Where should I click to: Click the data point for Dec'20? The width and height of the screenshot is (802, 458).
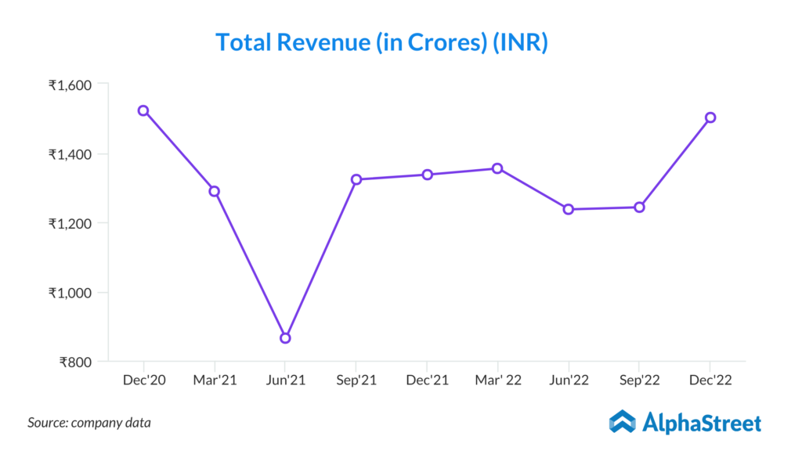(143, 110)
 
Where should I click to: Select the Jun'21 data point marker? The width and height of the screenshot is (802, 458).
(285, 338)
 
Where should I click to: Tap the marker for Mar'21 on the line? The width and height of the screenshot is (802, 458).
(214, 191)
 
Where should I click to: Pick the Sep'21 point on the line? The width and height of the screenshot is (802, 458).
(356, 179)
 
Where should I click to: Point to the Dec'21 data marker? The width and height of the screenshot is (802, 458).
(428, 175)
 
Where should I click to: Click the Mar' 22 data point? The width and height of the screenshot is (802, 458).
(497, 168)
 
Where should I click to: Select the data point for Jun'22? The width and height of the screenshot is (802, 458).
(569, 209)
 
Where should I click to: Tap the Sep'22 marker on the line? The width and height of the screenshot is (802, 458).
(639, 207)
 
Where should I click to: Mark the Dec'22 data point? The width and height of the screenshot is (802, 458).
(710, 117)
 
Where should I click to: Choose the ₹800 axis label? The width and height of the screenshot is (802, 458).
(76, 362)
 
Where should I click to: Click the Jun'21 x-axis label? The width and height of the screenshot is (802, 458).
(285, 380)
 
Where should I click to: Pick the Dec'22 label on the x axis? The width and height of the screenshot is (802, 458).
(710, 380)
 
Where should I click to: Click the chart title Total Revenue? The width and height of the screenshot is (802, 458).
(381, 42)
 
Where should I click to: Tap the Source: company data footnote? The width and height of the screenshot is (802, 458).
(89, 423)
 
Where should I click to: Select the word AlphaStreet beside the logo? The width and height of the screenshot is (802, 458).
(702, 424)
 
